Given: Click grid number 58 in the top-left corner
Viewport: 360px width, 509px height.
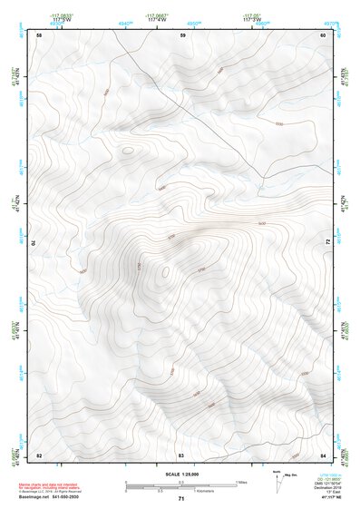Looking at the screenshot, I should [39, 34].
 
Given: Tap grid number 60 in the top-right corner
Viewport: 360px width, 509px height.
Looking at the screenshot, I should [323, 34].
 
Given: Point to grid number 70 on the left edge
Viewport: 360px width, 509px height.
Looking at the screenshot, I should [38, 242].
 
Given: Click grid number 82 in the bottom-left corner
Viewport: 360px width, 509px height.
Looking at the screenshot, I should [39, 454].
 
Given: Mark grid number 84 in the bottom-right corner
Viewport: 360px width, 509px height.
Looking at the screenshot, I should [323, 454].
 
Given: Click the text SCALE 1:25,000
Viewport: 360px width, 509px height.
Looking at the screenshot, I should [180, 474].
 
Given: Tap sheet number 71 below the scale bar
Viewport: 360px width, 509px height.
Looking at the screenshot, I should [180, 499].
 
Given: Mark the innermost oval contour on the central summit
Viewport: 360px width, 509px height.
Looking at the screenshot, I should [165, 269].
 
